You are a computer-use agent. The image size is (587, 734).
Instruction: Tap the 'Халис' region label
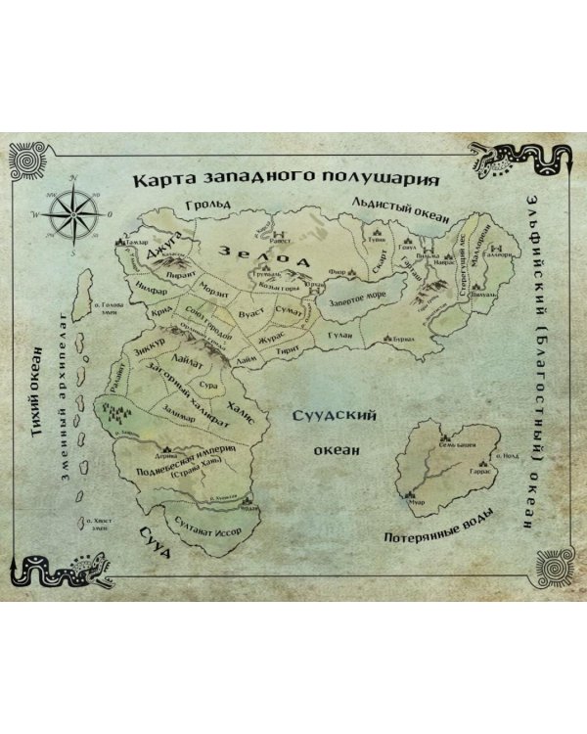tap(248, 412)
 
